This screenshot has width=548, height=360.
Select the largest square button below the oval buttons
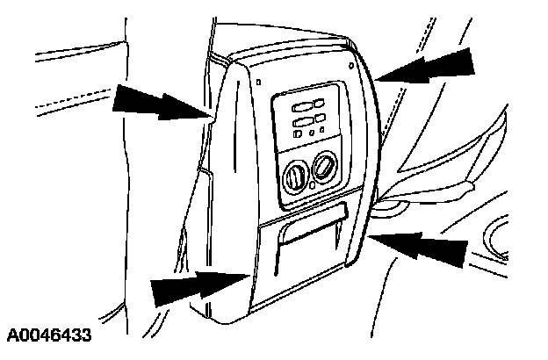(299, 134)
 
